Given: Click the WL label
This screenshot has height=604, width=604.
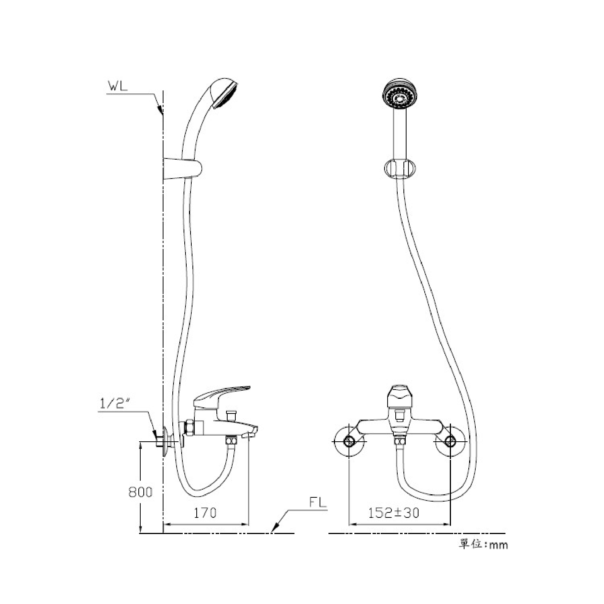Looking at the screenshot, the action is [117, 87].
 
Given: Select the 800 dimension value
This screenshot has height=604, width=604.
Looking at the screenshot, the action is [141, 492].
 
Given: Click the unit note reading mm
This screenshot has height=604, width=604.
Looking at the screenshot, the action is [499, 545].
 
